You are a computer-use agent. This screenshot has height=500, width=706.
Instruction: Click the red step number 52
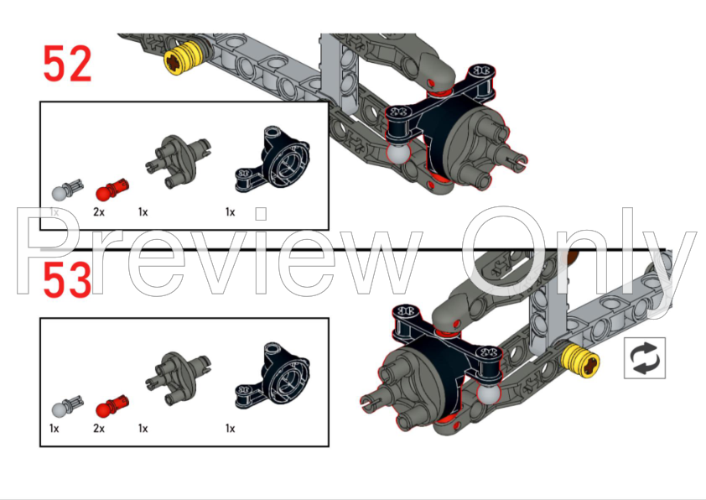[68, 64]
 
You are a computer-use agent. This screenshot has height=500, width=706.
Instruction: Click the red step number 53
[68, 280]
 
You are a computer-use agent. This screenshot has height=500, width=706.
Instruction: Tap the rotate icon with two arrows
[644, 358]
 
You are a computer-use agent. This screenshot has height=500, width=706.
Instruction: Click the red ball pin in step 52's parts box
[112, 190]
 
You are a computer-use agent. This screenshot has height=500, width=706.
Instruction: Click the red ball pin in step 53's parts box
[112, 406]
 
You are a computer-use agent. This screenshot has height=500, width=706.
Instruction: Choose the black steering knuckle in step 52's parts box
[273, 159]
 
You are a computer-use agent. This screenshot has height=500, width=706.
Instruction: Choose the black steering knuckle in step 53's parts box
[273, 376]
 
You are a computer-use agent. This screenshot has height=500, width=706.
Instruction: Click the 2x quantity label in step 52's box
[99, 211]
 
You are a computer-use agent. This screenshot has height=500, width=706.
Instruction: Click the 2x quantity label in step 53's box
[99, 429]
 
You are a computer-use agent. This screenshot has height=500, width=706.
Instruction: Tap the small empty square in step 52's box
[261, 214]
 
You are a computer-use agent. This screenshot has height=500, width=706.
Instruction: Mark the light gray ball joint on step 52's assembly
[398, 152]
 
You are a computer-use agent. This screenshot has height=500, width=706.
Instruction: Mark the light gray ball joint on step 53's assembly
[489, 393]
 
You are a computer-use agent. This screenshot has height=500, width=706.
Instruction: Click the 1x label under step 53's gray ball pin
[54, 429]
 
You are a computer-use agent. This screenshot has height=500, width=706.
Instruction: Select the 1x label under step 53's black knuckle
[230, 429]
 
